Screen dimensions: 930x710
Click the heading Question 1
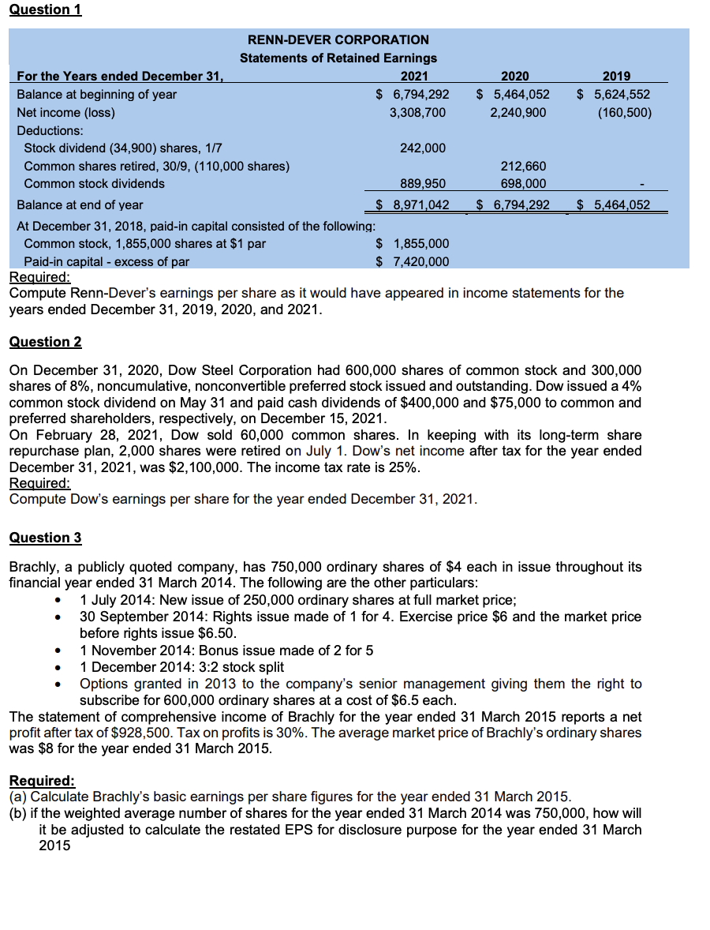click(x=45, y=9)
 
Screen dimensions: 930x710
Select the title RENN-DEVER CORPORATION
click(x=338, y=39)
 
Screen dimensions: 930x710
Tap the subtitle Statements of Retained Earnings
click(x=338, y=58)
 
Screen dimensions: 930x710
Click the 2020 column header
click(x=515, y=76)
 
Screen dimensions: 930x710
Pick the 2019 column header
click(x=616, y=76)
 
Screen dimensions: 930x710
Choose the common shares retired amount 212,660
click(x=523, y=166)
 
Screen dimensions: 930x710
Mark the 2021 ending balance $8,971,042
click(x=411, y=204)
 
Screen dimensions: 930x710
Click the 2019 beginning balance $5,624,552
click(x=614, y=94)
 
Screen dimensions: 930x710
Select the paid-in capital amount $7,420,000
click(x=411, y=261)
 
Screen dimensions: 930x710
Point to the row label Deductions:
click(x=50, y=130)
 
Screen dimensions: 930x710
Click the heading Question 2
click(x=45, y=342)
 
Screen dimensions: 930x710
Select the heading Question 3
click(x=45, y=538)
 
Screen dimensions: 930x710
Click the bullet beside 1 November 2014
click(x=58, y=651)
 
